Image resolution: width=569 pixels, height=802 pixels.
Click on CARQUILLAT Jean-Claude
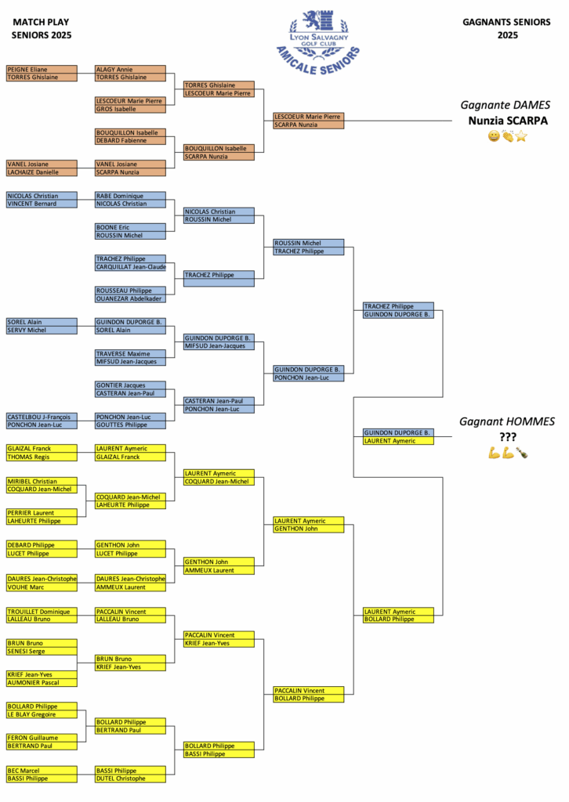[130, 267]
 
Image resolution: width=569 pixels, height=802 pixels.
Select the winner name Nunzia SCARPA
[508, 121]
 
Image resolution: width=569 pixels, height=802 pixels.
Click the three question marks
[508, 437]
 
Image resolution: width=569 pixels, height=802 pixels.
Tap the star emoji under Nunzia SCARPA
[521, 136]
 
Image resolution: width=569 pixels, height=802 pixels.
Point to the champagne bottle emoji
[521, 453]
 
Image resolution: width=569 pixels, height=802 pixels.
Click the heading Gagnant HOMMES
[507, 421]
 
